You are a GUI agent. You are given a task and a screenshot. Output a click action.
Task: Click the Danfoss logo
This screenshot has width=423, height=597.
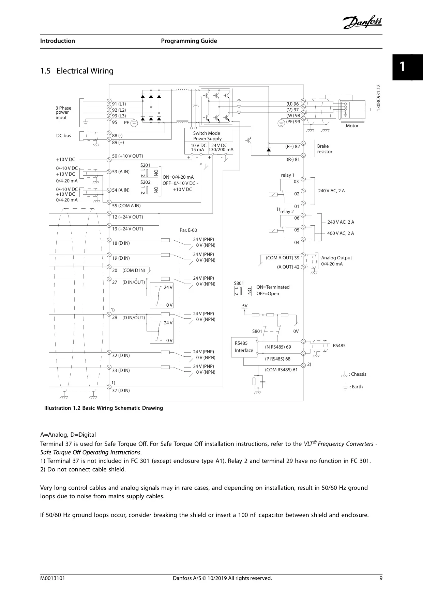(x=362, y=22)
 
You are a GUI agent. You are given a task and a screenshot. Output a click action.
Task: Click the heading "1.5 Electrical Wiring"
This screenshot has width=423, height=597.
(x=77, y=71)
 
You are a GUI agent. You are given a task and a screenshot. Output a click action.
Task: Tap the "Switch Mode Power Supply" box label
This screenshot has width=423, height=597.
(x=207, y=136)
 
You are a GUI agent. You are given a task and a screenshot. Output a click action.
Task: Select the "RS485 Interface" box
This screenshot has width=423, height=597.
(x=244, y=347)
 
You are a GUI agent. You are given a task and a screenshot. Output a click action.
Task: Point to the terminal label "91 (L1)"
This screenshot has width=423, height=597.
(x=119, y=104)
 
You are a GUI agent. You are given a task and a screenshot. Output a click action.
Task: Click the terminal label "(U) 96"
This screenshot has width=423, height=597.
(x=292, y=104)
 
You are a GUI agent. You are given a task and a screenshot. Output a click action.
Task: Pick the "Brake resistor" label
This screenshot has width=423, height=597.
(x=324, y=149)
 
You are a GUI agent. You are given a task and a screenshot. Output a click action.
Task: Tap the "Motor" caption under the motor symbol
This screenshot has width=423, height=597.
(x=352, y=126)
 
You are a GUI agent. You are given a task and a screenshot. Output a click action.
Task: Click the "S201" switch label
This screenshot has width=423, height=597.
(x=145, y=165)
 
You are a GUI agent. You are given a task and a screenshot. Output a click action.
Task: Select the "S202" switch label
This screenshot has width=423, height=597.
(x=145, y=182)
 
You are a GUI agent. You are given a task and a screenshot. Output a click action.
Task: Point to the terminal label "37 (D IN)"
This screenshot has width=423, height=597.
(x=121, y=390)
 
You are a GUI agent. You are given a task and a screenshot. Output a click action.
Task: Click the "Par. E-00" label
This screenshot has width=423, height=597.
(x=188, y=230)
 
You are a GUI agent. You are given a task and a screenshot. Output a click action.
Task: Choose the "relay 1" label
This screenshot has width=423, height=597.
(x=287, y=175)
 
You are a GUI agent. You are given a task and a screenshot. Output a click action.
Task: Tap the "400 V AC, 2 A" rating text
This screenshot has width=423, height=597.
(x=341, y=233)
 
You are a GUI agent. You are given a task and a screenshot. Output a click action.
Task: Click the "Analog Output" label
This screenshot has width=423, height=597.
(x=336, y=258)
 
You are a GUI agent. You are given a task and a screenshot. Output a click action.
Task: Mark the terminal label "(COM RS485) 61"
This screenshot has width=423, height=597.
(x=281, y=370)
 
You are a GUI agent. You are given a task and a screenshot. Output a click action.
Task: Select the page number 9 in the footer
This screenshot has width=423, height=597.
(x=381, y=578)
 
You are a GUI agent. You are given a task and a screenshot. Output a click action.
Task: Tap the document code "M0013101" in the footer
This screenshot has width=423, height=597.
(x=52, y=578)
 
